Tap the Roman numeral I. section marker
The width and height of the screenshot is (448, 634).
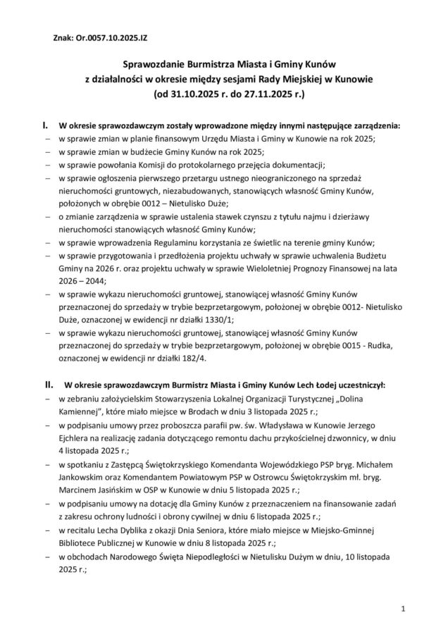[46, 125]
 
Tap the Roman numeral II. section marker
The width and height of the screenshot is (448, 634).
[49, 385]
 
